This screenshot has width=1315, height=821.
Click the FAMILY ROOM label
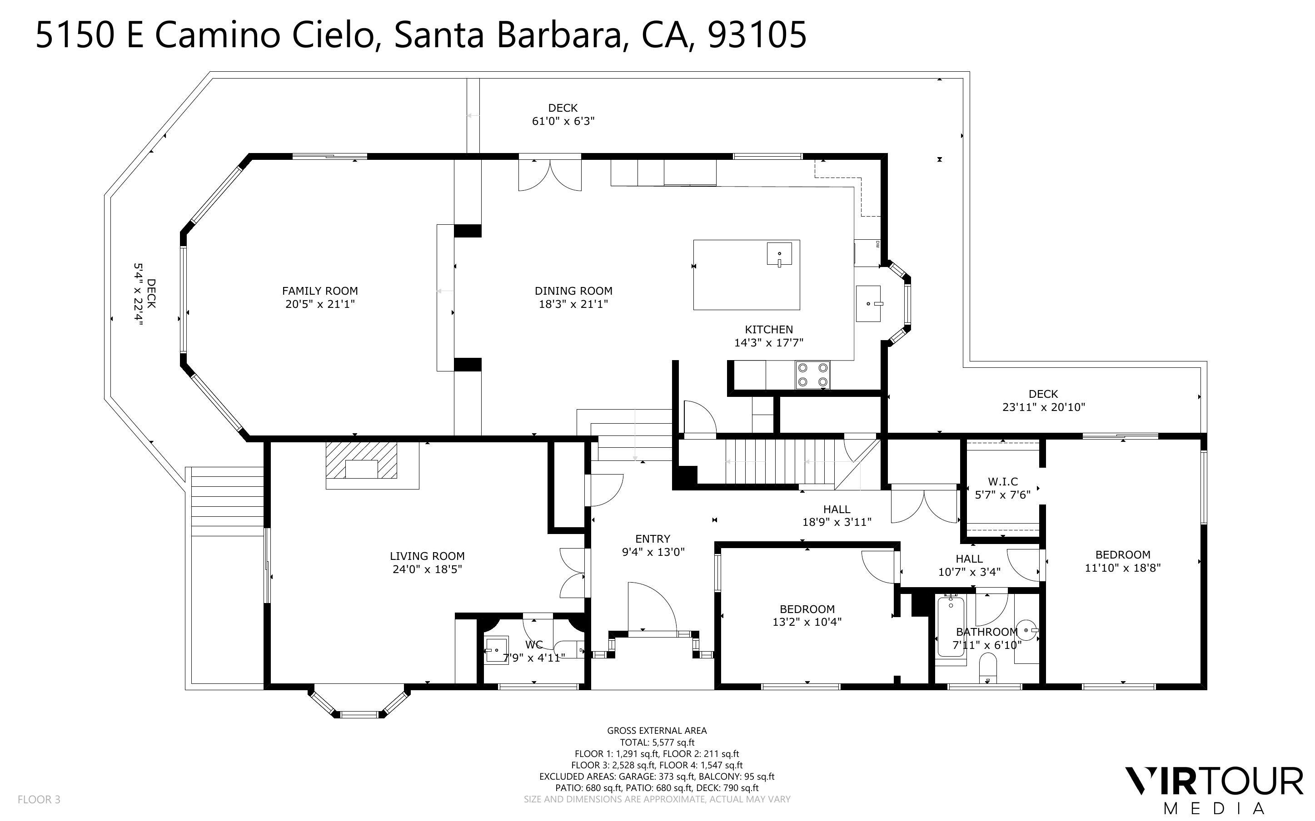click(x=319, y=291)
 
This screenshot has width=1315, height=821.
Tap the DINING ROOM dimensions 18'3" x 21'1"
click(x=573, y=304)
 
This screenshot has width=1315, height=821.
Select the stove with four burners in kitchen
click(x=812, y=375)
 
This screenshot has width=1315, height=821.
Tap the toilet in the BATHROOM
click(x=987, y=667)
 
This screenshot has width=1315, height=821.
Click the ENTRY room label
click(x=653, y=539)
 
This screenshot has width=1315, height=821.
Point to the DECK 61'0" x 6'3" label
click(x=563, y=114)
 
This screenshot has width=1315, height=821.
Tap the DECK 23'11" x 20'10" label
click(x=1043, y=401)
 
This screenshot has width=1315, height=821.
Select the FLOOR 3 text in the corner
click(x=39, y=799)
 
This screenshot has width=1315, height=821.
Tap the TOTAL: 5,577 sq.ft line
click(x=657, y=742)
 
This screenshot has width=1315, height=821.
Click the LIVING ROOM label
click(x=427, y=556)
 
